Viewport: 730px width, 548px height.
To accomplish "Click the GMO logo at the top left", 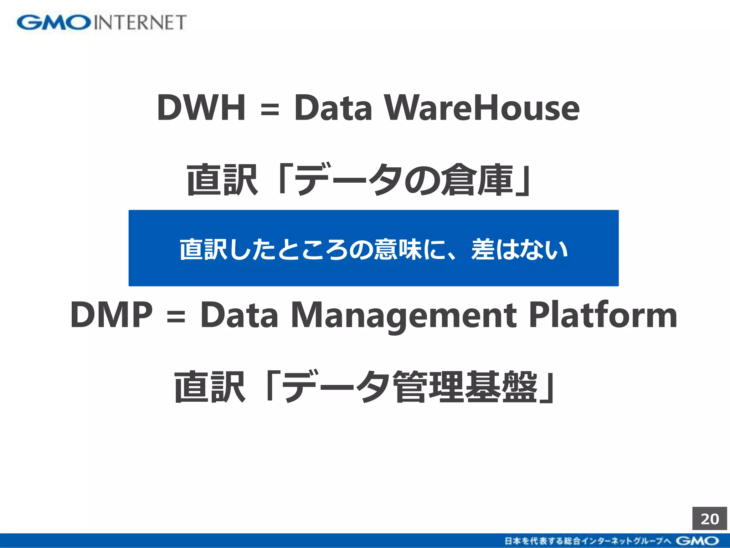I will pyautogui.click(x=53, y=22).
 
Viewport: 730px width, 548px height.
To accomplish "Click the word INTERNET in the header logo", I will pyautogui.click(x=140, y=22).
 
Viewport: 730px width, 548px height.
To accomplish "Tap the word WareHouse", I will pyautogui.click(x=482, y=107).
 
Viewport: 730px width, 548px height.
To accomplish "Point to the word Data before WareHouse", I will pyautogui.click(x=333, y=107).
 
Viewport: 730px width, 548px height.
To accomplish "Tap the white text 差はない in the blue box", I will pyautogui.click(x=519, y=249).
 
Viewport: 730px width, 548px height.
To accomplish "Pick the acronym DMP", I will pyautogui.click(x=112, y=315).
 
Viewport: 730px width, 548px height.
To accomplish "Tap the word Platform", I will pyautogui.click(x=603, y=315).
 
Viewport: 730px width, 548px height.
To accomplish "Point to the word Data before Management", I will pyautogui.click(x=239, y=315).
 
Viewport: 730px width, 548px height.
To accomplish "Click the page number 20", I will pyautogui.click(x=709, y=519).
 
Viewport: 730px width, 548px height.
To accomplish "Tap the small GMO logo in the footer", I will pyautogui.click(x=697, y=541).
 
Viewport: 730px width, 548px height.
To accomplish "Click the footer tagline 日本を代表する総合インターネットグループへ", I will pyautogui.click(x=588, y=541).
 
